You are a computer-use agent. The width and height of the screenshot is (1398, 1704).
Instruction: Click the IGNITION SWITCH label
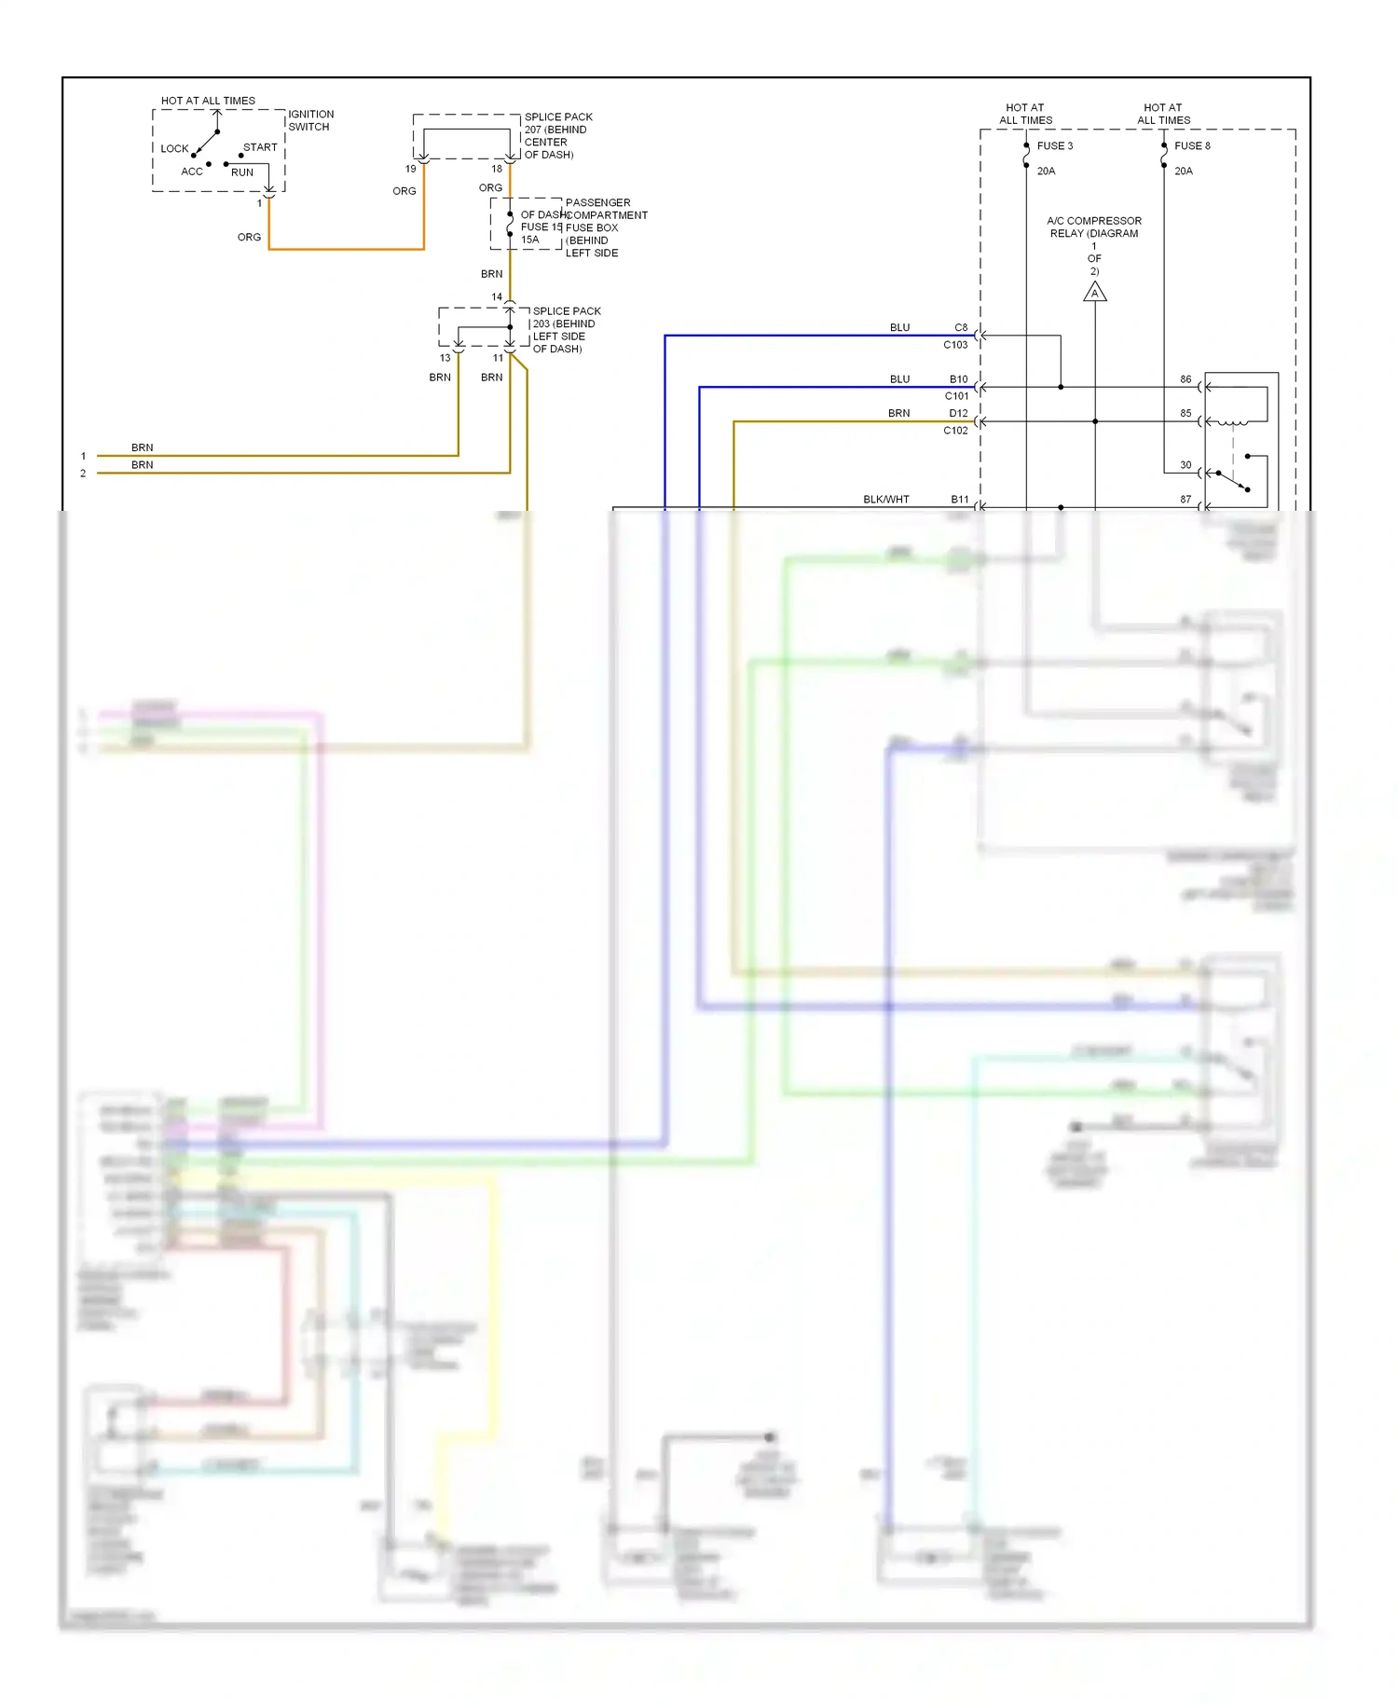tap(310, 120)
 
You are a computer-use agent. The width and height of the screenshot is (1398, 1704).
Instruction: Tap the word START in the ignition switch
tap(260, 147)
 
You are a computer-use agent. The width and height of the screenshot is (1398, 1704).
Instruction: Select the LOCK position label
tap(174, 148)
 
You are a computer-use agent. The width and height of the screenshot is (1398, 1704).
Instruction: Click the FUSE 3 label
tap(1055, 145)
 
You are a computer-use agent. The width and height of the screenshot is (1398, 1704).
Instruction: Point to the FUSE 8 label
tap(1192, 145)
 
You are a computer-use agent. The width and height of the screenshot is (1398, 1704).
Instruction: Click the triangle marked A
tap(1094, 294)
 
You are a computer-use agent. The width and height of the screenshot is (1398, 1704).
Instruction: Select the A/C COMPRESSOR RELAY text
tap(1094, 227)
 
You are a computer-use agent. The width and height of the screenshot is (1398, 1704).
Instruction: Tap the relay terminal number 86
tap(1186, 379)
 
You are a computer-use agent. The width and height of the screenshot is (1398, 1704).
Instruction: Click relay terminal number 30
tap(1186, 464)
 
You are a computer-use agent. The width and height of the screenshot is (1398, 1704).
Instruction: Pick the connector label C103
tap(955, 345)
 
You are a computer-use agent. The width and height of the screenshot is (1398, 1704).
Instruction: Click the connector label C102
tap(955, 431)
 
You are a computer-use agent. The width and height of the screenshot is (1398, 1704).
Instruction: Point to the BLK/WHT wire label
tap(885, 499)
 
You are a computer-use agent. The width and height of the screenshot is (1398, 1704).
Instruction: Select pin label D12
tap(958, 413)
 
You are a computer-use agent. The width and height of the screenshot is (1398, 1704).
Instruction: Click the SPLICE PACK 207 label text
tap(557, 135)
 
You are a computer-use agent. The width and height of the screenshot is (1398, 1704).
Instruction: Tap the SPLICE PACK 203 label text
tap(566, 329)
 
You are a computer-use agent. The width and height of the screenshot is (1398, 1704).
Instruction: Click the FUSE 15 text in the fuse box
tap(541, 227)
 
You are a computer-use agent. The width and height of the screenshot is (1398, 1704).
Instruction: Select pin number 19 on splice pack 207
tap(410, 169)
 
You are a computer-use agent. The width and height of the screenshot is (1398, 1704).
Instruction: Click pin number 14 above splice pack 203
tap(497, 296)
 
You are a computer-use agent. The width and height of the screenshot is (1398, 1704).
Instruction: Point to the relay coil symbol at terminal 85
tap(1233, 422)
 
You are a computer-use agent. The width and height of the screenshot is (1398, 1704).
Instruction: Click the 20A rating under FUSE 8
tap(1183, 171)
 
